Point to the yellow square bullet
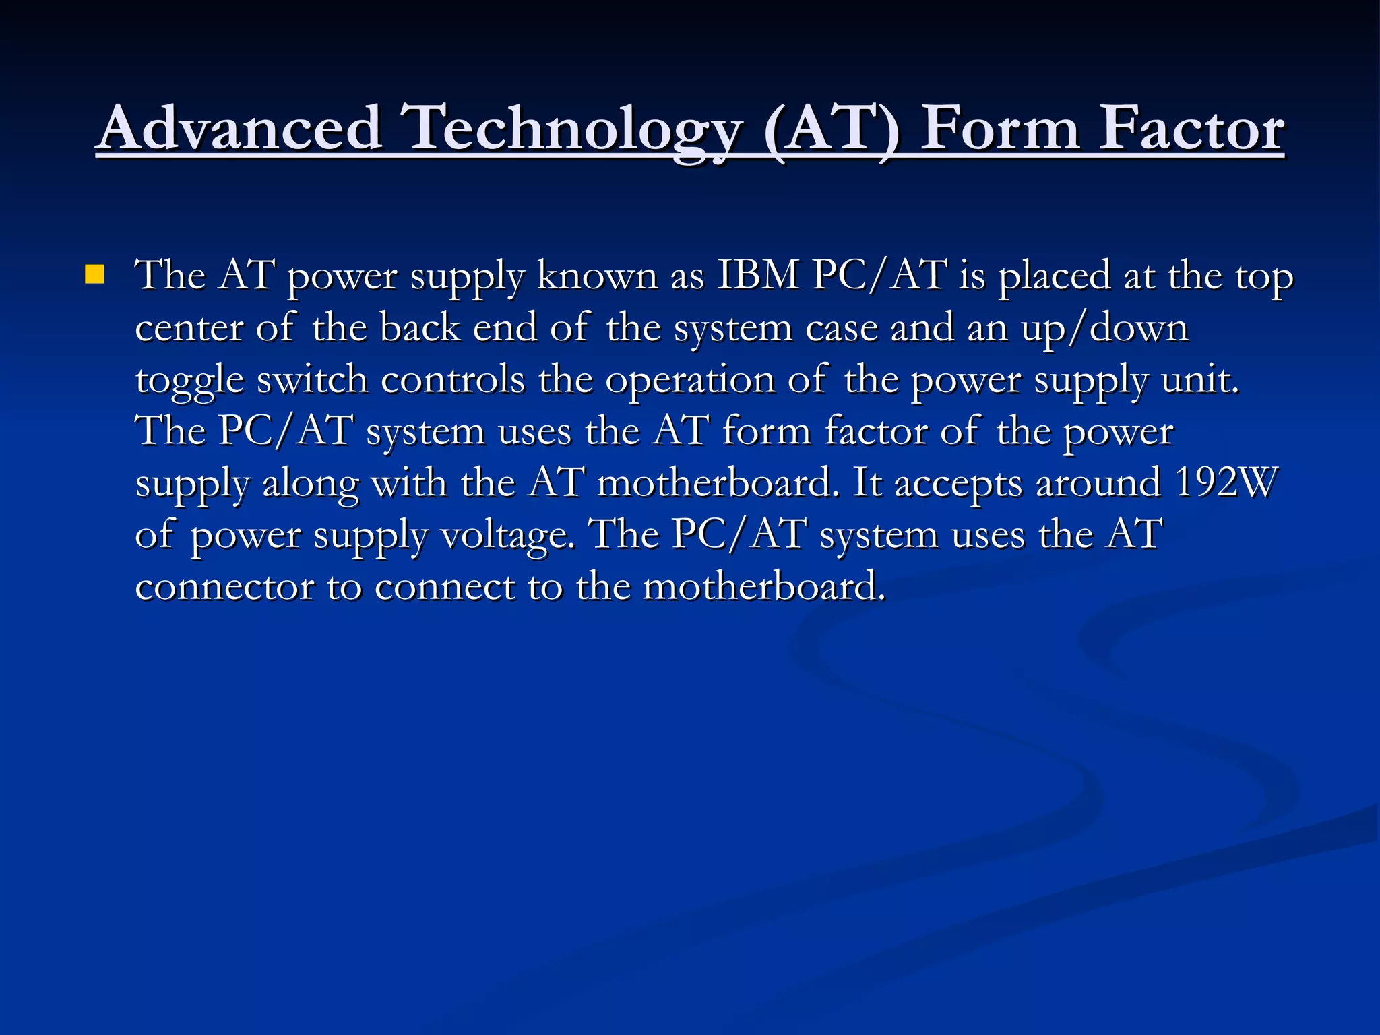(x=95, y=274)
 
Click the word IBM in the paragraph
(x=757, y=276)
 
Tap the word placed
(x=1054, y=276)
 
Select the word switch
(x=313, y=380)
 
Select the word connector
(x=224, y=587)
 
